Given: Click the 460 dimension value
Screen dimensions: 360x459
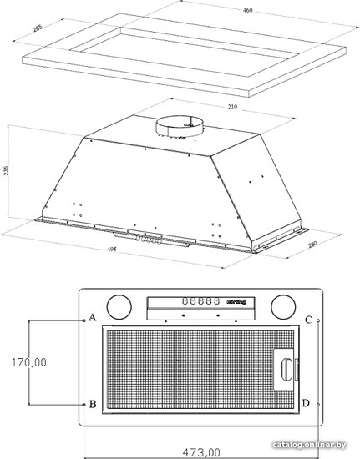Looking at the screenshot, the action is click(247, 10).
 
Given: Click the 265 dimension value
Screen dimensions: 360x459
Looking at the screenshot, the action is click(38, 28).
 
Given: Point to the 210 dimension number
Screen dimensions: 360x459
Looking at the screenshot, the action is click(232, 107).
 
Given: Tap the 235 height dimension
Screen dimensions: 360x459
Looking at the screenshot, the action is click(6, 170).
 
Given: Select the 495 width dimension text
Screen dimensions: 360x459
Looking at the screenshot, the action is click(112, 250).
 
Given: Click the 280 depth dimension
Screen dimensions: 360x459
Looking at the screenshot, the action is click(313, 244).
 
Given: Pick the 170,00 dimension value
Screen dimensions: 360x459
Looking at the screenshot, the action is click(29, 362).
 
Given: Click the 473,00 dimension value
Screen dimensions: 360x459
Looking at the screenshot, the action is click(201, 452).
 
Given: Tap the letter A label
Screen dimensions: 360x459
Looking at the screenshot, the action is click(92, 317).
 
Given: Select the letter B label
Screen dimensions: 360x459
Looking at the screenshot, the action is click(93, 404).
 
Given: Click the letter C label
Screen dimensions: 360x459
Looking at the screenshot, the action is click(308, 320).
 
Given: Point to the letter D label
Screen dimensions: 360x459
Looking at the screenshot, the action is click(306, 403).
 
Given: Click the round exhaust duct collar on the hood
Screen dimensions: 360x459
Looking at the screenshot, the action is click(180, 127).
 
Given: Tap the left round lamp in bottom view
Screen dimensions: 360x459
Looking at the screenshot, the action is click(119, 307).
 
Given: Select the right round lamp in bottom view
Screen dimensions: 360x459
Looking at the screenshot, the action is click(283, 307).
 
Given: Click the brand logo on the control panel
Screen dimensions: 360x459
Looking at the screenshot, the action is click(236, 302).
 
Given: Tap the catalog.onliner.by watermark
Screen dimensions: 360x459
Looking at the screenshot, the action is click(309, 445).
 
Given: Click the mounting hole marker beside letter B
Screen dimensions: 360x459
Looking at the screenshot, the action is click(84, 405).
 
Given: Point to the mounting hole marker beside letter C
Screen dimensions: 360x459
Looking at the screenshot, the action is click(318, 320).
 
